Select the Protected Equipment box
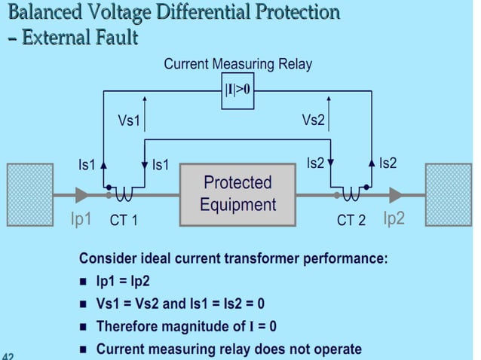coord(238,194)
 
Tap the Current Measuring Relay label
coord(237,65)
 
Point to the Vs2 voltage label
coord(313,121)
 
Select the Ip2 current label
coord(394,218)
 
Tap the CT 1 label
coord(122,221)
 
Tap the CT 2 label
coord(351,221)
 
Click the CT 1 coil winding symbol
coord(124,197)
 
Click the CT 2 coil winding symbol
coord(352,197)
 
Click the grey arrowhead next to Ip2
coord(395,195)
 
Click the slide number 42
coord(8,355)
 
